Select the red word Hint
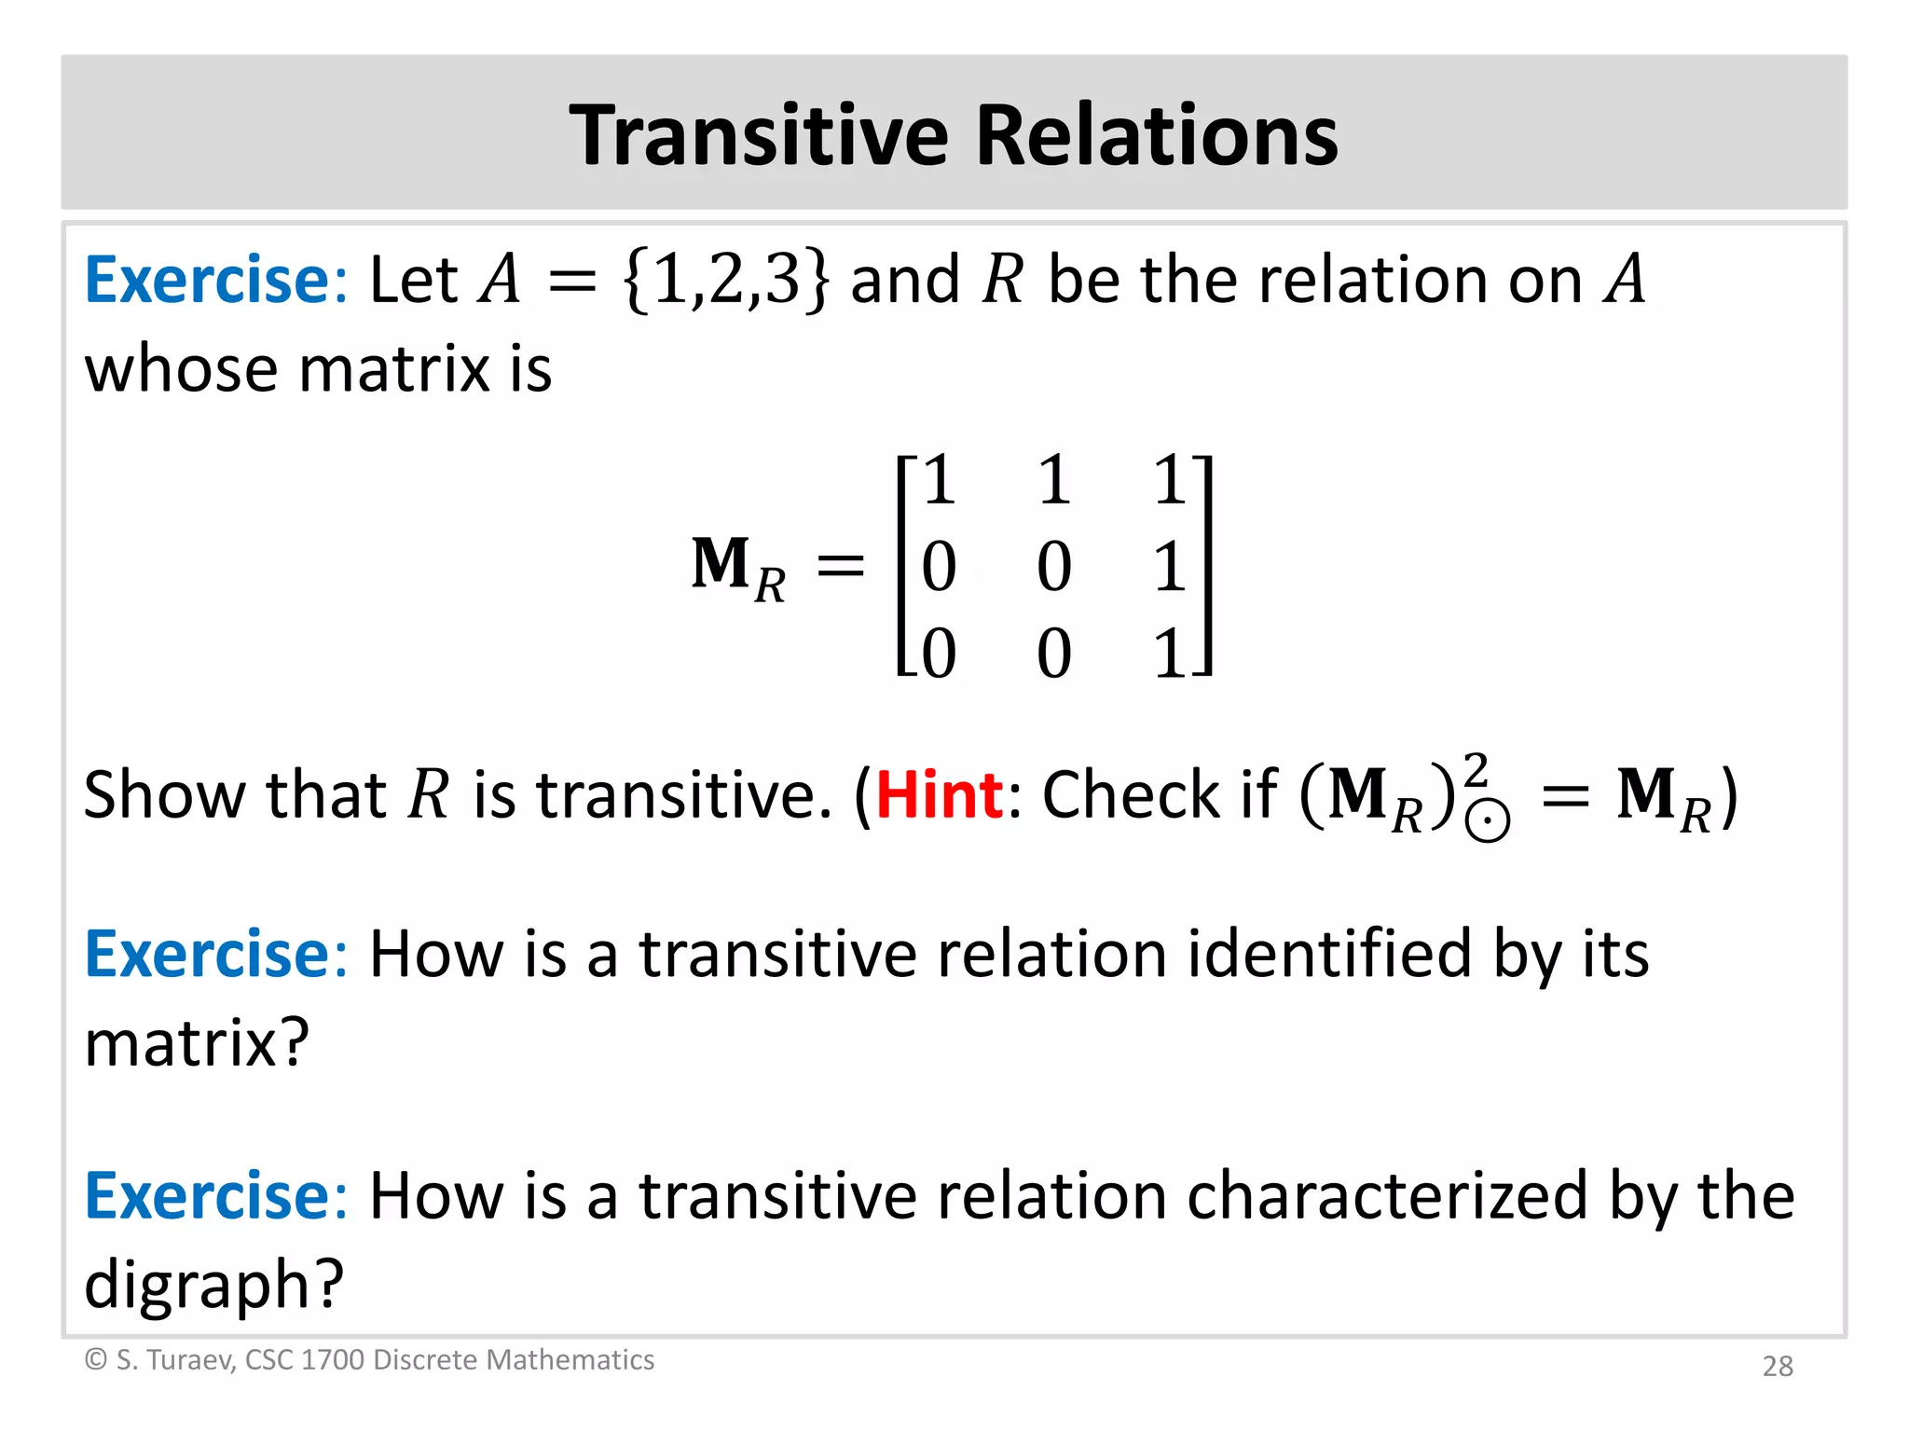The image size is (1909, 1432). pyautogui.click(x=939, y=795)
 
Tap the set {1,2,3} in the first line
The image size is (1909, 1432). pyautogui.click(x=724, y=280)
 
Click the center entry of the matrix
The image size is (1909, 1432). pyautogui.click(x=1054, y=566)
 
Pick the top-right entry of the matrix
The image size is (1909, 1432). pyautogui.click(x=1170, y=481)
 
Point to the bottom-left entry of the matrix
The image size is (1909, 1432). pyautogui.click(x=939, y=653)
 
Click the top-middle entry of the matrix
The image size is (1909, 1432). pyautogui.click(x=1054, y=481)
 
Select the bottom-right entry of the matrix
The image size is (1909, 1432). pyautogui.click(x=1170, y=653)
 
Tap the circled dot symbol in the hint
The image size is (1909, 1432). pyautogui.click(x=1488, y=821)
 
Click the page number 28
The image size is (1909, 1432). pyautogui.click(x=1778, y=1366)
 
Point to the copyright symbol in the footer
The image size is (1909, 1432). pyautogui.click(x=96, y=1360)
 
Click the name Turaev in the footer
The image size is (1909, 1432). pyautogui.click(x=190, y=1360)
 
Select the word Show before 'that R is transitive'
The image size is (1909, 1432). pyautogui.click(x=164, y=795)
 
